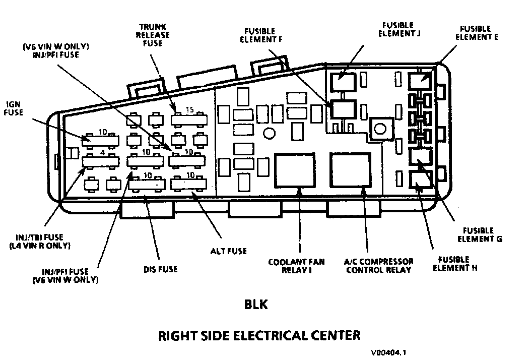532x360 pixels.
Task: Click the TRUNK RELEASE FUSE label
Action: [155, 35]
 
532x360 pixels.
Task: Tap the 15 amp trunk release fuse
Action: [189, 119]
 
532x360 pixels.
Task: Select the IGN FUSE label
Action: [14, 108]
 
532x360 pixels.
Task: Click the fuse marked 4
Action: [100, 161]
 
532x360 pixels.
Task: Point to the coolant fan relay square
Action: [295, 170]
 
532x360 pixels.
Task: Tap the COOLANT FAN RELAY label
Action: [296, 266]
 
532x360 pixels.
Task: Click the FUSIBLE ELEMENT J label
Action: [397, 29]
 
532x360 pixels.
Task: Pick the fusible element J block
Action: [342, 81]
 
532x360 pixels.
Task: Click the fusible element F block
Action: [343, 109]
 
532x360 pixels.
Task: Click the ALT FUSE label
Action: [229, 251]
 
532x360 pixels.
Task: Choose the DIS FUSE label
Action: [160, 269]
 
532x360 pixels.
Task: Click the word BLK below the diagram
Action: [255, 305]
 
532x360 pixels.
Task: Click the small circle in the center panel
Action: [270, 133]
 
